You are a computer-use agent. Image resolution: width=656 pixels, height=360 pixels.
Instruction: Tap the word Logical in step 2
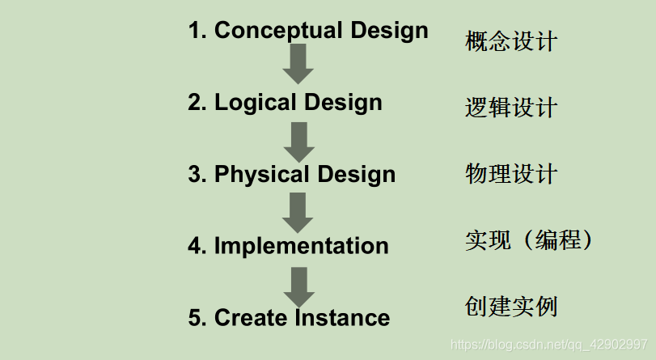coord(254,103)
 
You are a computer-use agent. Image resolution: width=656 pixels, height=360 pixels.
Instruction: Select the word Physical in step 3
coord(260,175)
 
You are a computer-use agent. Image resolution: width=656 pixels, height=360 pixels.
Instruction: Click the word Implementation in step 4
coord(301,246)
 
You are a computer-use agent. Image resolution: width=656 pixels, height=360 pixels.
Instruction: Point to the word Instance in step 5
coord(342,318)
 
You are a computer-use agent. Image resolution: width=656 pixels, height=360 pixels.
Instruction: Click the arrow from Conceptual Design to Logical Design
coord(298,64)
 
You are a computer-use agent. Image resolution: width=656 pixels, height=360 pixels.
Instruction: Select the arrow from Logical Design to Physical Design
coord(298,142)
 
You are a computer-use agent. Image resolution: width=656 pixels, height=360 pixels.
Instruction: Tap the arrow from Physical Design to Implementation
coord(298,213)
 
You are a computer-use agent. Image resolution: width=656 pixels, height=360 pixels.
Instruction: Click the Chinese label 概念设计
coord(511,40)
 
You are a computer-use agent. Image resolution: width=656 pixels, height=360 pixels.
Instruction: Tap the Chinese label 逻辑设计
coord(511,108)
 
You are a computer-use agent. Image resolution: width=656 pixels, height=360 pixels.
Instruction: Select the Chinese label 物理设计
coord(511,174)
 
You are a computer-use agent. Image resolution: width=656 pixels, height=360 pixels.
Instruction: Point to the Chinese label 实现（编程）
coord(531,240)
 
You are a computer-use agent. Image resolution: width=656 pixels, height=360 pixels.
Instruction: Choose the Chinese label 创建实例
coord(511,307)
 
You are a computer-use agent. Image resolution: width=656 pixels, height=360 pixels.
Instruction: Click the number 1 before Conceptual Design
coord(195,32)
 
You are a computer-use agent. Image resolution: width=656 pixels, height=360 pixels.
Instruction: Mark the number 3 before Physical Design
coord(195,175)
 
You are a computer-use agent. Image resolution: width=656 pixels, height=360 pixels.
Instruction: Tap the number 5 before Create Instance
coord(195,318)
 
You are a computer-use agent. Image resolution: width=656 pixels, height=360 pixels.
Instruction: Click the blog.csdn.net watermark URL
coord(548,343)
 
